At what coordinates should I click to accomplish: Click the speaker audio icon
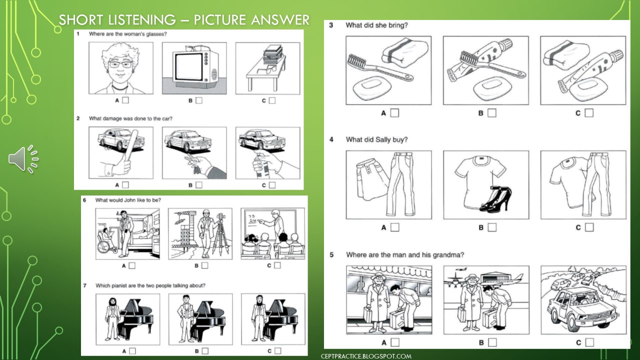[x=23, y=159]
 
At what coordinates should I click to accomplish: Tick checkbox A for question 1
[x=125, y=100]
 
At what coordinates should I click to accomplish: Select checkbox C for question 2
[x=272, y=185]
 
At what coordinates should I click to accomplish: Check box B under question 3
[x=492, y=113]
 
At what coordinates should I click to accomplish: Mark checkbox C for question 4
[x=589, y=227]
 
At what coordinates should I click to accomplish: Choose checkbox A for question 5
[x=395, y=342]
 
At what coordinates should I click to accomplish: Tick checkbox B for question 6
[x=204, y=265]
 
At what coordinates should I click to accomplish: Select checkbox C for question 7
[x=277, y=351]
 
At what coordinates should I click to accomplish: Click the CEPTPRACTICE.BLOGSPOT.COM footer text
[x=366, y=356]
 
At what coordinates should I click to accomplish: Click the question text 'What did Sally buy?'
[x=376, y=139]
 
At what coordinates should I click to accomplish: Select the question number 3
[x=331, y=25]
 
